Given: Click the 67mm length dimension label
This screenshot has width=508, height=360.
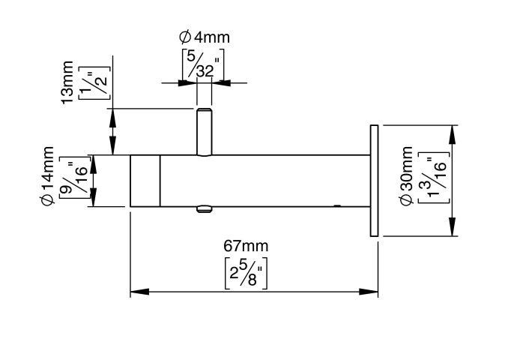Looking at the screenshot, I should click(246, 246).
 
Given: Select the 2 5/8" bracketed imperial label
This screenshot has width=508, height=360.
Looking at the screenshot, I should click(247, 272).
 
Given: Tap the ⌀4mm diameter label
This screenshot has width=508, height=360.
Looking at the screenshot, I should click(205, 36).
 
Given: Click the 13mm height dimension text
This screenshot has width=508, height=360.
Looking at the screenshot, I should click(67, 82).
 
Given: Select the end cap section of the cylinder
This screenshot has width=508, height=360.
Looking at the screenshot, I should click(145, 181).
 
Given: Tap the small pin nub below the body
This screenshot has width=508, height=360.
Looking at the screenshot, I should click(204, 209).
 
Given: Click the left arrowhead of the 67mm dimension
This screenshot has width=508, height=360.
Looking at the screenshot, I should click(136, 292).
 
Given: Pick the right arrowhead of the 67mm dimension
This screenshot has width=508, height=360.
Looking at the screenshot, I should click(372, 292).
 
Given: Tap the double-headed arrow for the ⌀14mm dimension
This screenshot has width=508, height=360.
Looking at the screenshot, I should click(94, 181).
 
